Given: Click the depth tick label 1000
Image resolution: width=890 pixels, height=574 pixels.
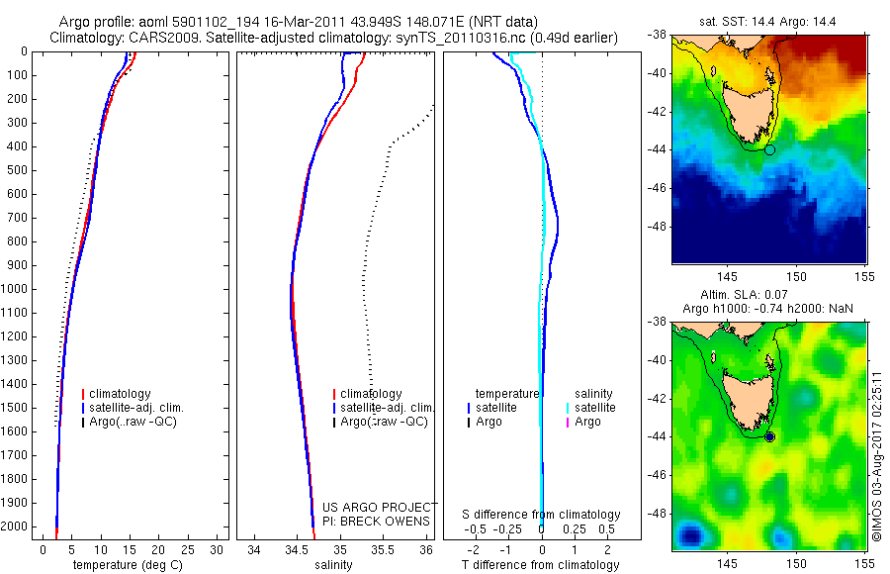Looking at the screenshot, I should pyautogui.click(x=17, y=289).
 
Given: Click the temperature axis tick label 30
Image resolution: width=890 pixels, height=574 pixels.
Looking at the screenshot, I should pyautogui.click(x=217, y=548).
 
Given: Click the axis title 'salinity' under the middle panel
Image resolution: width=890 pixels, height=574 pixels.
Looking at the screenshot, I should pyautogui.click(x=332, y=565).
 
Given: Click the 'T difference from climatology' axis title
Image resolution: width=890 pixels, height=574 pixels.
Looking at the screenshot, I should pyautogui.click(x=541, y=565).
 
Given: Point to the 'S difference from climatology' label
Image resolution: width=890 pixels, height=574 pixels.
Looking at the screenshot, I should pyautogui.click(x=541, y=515).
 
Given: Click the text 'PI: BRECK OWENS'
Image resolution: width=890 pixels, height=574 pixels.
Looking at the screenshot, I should pyautogui.click(x=377, y=521).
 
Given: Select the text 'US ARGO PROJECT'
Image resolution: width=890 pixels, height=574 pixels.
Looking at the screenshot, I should pyautogui.click(x=377, y=508).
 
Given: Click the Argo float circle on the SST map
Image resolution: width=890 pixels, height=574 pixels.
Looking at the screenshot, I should pyautogui.click(x=770, y=149).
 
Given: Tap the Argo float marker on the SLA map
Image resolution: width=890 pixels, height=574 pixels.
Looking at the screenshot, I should pyautogui.click(x=770, y=436).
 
